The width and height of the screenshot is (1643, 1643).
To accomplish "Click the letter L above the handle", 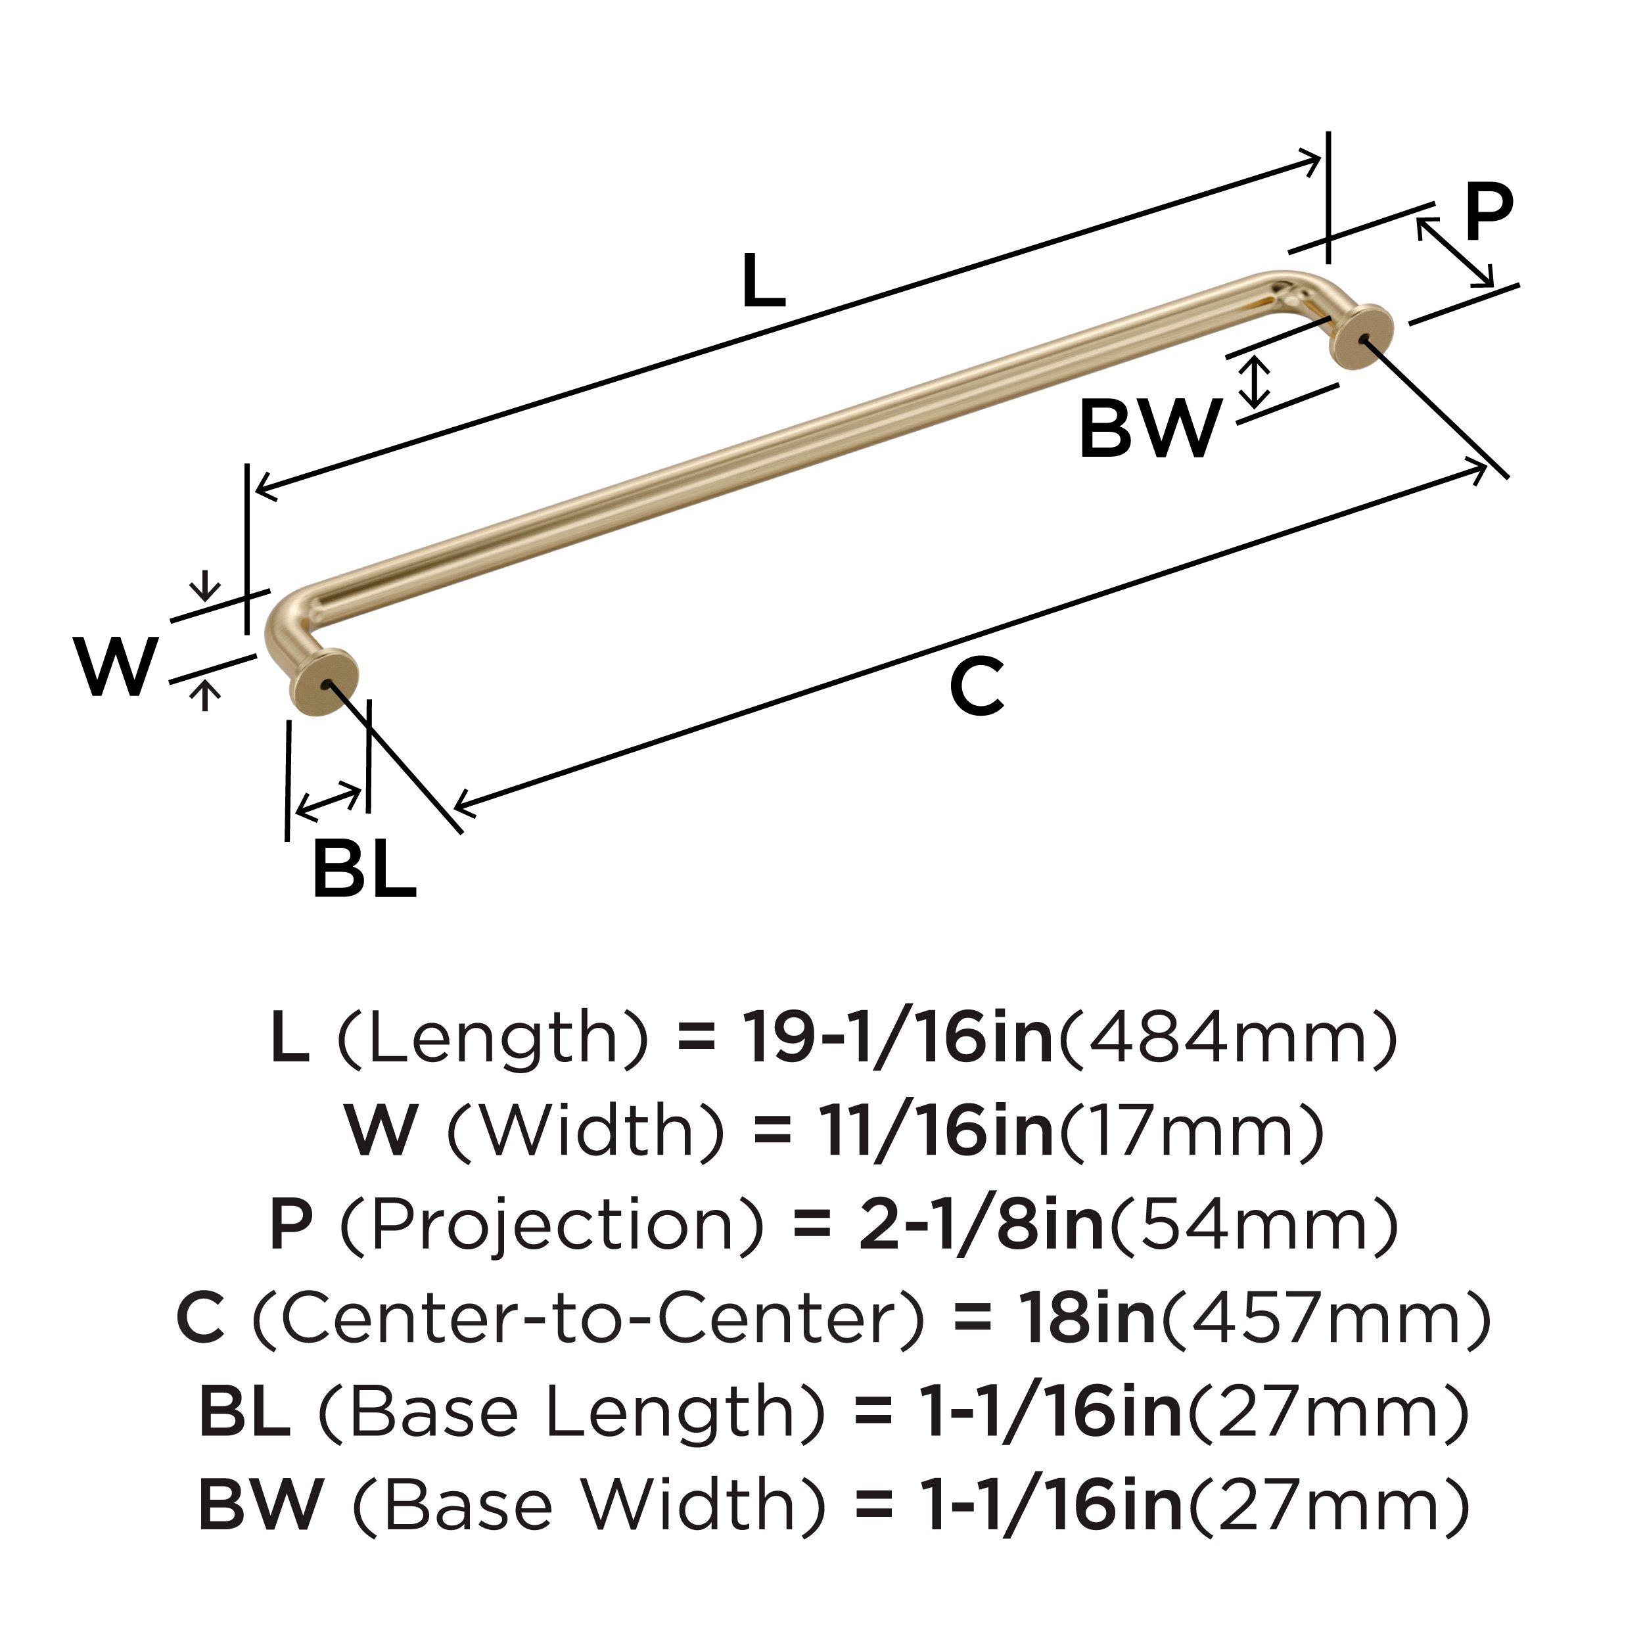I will (x=763, y=281).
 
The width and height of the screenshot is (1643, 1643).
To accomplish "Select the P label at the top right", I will (x=1488, y=214).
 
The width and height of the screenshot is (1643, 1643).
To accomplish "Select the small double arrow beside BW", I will (x=1255, y=381).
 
